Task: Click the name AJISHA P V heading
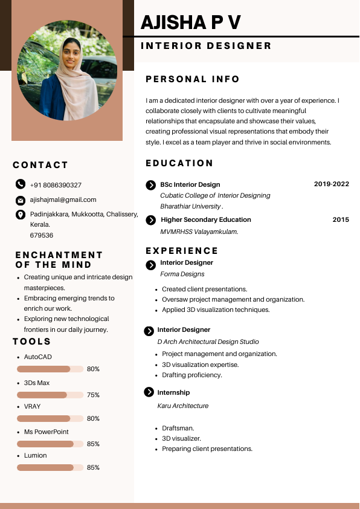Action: (x=191, y=22)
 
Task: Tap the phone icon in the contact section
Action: (x=21, y=184)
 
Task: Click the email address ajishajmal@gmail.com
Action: (x=63, y=199)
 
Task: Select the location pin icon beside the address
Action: (x=21, y=215)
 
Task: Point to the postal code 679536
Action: (x=42, y=235)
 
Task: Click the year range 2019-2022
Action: (x=331, y=184)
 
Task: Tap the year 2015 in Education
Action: (x=341, y=219)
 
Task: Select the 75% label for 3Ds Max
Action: (x=93, y=395)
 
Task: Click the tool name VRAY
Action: (x=33, y=406)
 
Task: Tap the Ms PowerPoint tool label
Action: (x=47, y=432)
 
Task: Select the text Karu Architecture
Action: (x=183, y=406)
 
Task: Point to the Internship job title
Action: (x=173, y=392)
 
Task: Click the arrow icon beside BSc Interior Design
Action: (x=151, y=185)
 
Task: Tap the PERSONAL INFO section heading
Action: (x=193, y=79)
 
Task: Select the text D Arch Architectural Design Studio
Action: (x=208, y=342)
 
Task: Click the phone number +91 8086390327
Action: (x=56, y=185)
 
